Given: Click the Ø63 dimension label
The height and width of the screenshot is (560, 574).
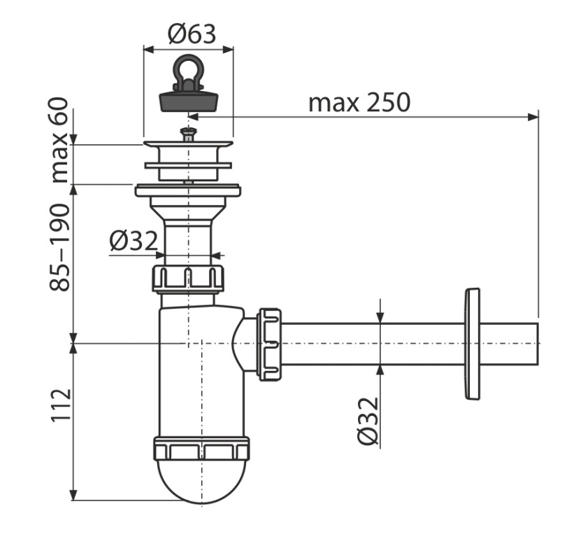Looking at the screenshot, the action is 192,34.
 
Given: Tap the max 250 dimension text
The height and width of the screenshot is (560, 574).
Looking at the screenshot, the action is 359,103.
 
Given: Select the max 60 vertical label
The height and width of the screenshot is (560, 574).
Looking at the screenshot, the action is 59,139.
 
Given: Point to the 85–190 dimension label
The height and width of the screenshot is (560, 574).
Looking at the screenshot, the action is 59,248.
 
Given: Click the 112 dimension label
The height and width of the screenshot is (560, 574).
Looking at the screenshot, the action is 60,405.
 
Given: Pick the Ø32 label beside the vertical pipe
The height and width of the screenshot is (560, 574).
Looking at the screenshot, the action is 134,240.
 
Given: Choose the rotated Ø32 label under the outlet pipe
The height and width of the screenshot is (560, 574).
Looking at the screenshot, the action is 367,421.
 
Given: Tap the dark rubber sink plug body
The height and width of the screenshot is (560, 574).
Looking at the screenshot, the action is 189,101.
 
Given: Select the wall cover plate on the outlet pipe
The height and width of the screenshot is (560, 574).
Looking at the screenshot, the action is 472,344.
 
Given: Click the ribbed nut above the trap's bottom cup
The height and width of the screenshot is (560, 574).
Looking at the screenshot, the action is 202,448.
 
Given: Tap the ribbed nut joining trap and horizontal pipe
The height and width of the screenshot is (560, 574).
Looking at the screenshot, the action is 270,344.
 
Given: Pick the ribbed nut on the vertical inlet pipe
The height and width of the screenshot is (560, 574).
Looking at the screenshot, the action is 188,279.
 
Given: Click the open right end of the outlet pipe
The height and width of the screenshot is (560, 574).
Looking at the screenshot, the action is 538,344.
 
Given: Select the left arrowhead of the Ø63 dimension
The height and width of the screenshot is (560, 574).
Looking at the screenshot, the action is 149,49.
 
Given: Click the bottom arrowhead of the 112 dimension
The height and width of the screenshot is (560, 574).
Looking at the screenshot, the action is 73,495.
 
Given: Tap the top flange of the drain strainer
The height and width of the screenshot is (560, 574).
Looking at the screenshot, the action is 188,144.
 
